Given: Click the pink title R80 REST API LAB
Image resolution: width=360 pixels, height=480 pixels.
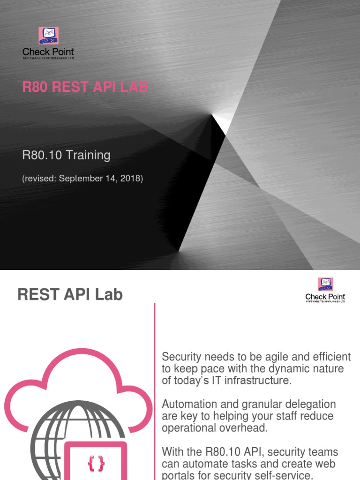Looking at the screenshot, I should click(x=85, y=87).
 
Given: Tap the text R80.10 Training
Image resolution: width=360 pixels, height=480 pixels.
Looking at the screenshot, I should click(x=66, y=155).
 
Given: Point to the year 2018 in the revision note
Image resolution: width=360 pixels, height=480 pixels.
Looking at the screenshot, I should click(x=131, y=179).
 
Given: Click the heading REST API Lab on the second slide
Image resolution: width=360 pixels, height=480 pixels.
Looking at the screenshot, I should click(x=70, y=294).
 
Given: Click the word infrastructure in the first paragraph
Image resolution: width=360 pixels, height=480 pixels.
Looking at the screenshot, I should click(x=256, y=380).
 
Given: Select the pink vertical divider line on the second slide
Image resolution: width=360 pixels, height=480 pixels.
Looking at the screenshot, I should click(x=154, y=375).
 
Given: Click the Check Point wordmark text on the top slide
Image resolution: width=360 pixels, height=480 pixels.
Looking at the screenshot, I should click(x=48, y=52).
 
